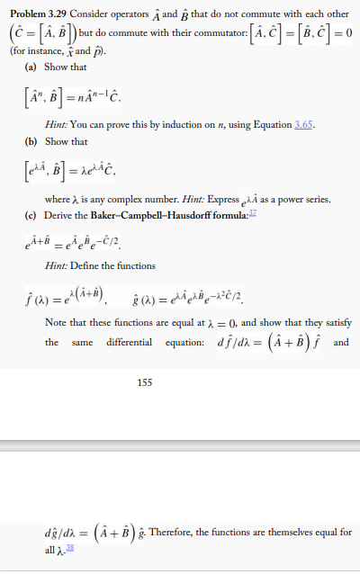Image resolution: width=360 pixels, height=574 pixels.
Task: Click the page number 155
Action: point(144,383)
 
